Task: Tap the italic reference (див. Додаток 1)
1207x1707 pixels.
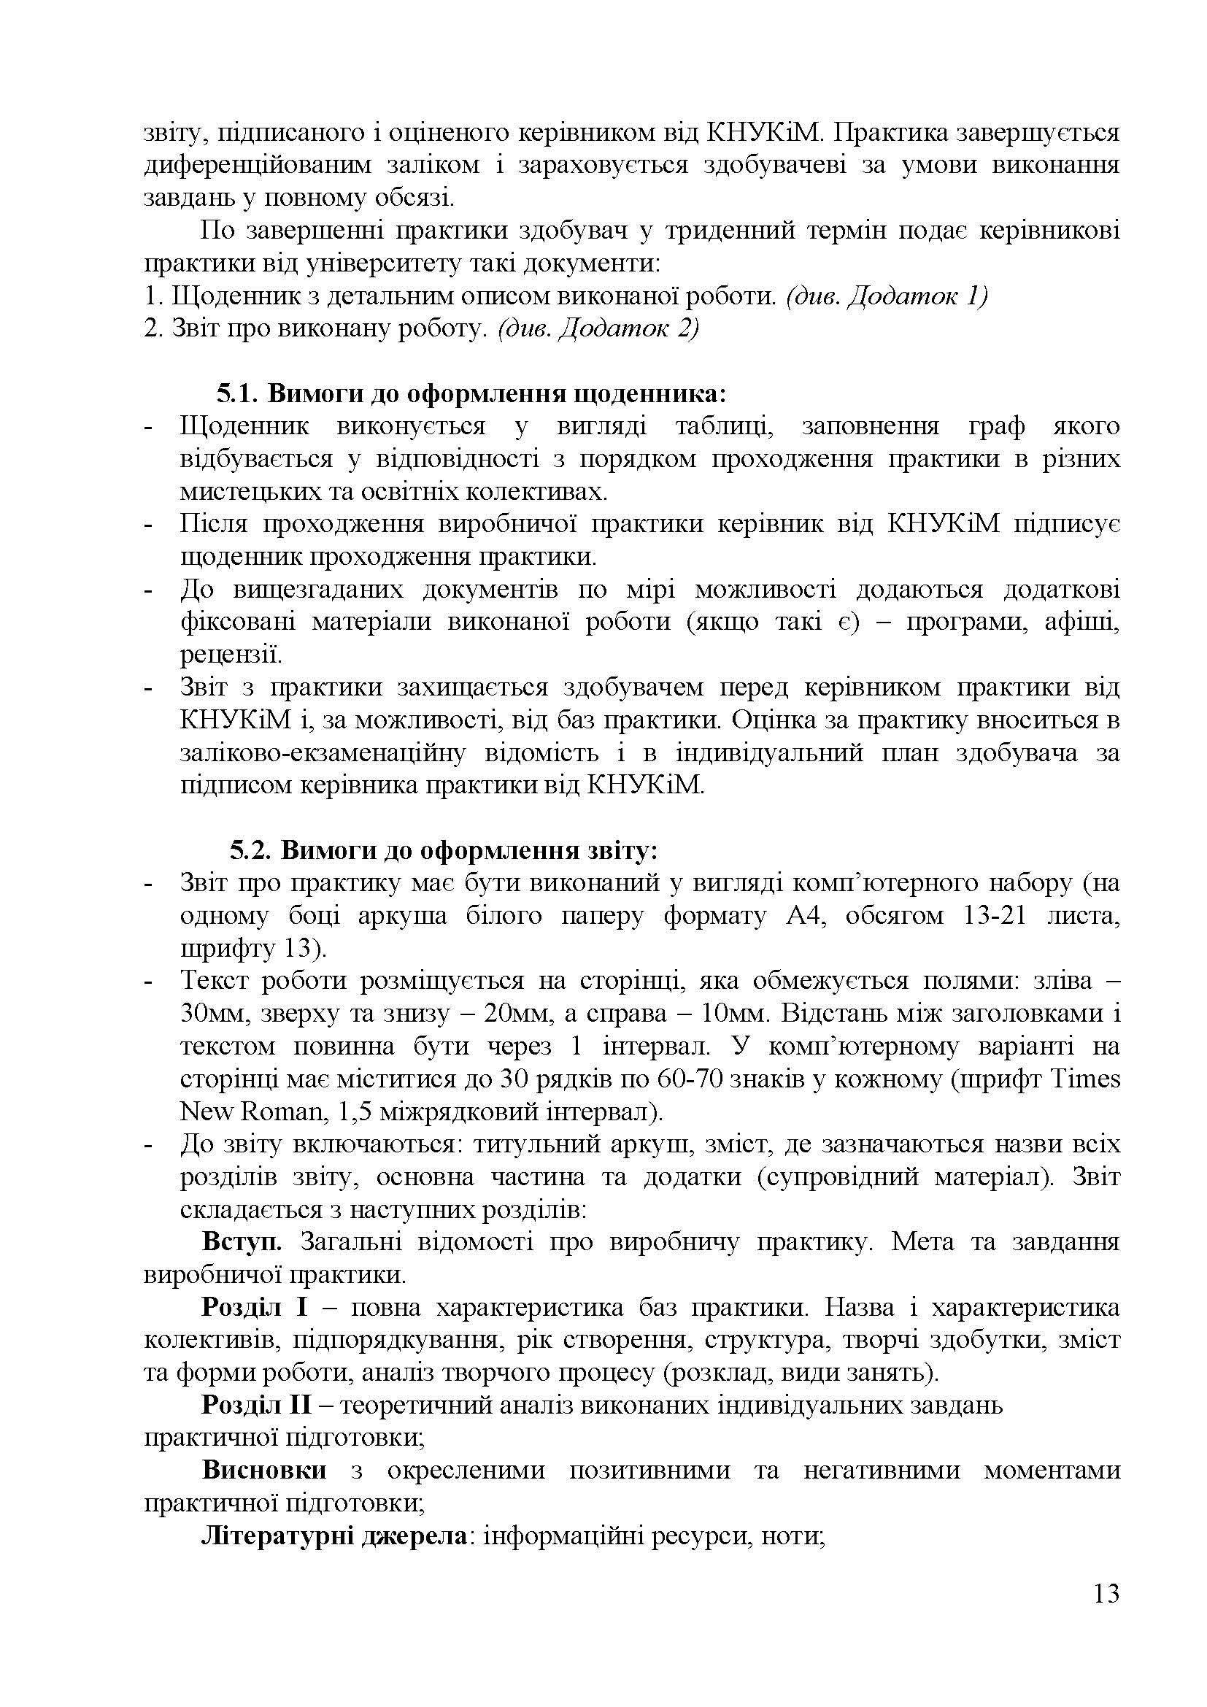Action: pos(886,296)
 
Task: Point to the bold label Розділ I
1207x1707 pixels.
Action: pos(248,1308)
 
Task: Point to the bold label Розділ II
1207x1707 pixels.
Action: pos(253,1406)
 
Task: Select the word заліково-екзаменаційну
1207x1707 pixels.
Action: pos(323,753)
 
